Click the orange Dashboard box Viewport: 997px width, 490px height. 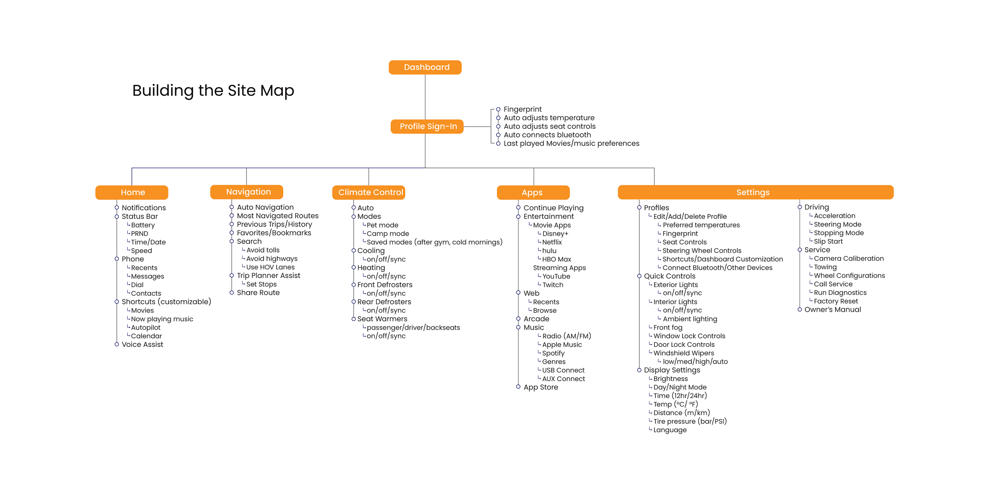pos(425,67)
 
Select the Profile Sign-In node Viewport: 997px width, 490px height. pos(427,126)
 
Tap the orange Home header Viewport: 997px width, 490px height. pos(132,192)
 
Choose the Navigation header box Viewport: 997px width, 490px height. pos(246,192)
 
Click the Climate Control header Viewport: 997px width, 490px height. pos(369,192)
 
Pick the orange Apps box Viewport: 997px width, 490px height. pos(533,193)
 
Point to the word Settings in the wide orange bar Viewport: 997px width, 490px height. pos(753,192)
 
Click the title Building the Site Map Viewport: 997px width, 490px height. pos(213,91)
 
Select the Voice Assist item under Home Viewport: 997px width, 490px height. pos(142,344)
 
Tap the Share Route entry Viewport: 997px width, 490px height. pos(258,293)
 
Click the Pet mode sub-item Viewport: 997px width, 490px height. pos(382,225)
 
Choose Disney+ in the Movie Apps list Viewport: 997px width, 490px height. pos(555,234)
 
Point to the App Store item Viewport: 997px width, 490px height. pos(541,388)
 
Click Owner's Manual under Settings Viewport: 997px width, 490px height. pos(833,310)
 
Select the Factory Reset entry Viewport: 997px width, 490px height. pos(836,301)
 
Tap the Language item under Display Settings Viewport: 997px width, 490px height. pos(670,430)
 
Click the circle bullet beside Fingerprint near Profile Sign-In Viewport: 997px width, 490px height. pos(498,109)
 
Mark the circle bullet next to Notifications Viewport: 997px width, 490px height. pos(117,207)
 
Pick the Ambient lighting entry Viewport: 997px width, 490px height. pos(690,319)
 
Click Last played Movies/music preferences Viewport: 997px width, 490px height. pos(571,144)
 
